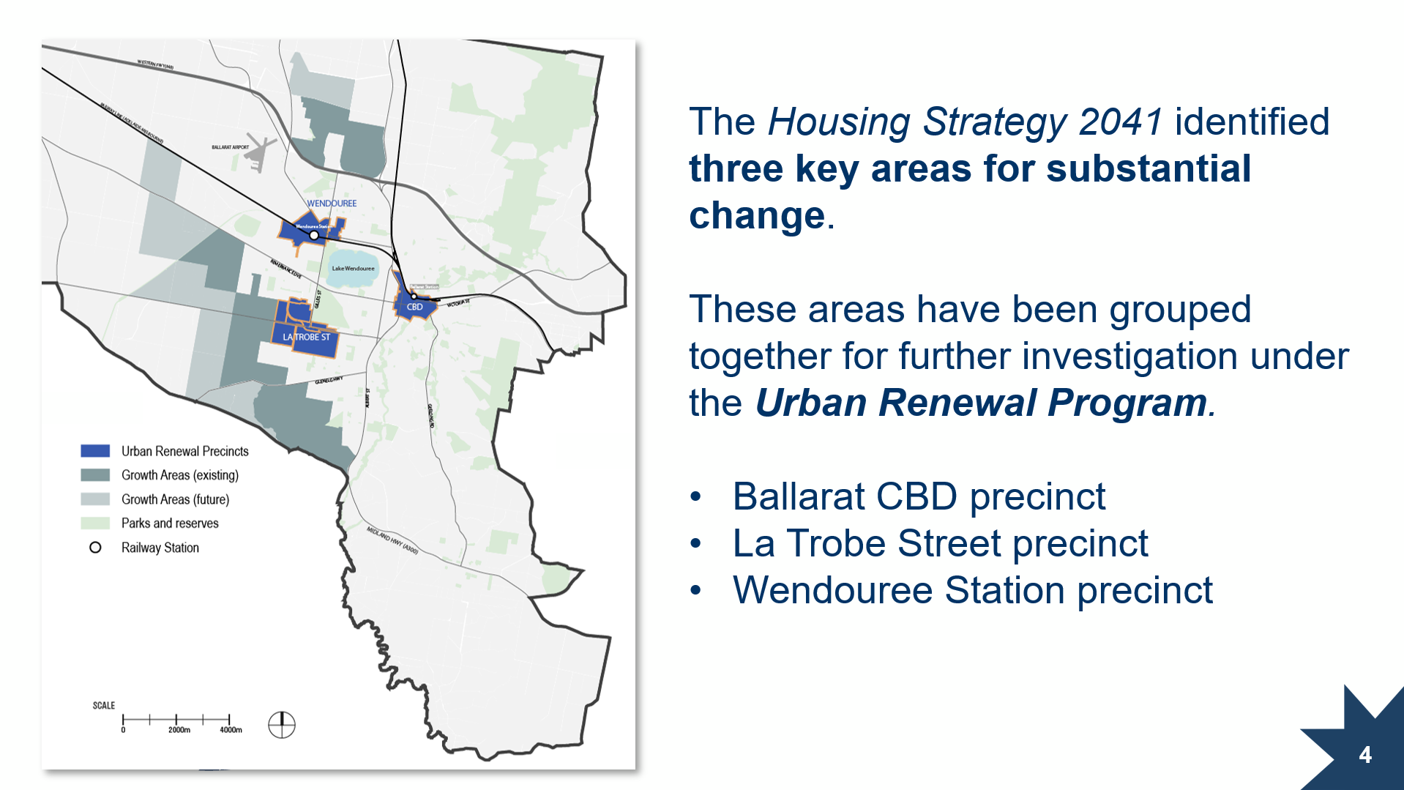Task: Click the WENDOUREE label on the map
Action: (332, 204)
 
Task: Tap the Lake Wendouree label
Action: (353, 269)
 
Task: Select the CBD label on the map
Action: (414, 307)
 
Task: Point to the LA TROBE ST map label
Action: (306, 338)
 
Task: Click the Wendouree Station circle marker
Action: (314, 236)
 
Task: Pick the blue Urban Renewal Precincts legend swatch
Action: (95, 451)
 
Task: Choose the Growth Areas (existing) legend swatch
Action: (95, 475)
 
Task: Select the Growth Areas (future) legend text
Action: (175, 499)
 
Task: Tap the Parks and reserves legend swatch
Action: (95, 523)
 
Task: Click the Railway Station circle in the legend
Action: (95, 548)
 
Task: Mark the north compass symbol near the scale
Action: (281, 725)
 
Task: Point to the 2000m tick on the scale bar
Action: (176, 720)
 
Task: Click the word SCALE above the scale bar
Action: (103, 706)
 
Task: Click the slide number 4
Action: (1365, 755)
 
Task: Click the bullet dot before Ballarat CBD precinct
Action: (695, 497)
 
